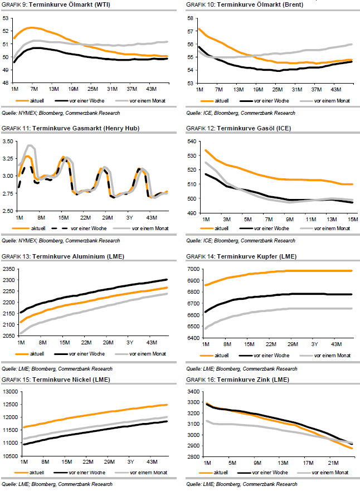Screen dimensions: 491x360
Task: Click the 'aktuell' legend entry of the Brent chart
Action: [221, 100]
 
